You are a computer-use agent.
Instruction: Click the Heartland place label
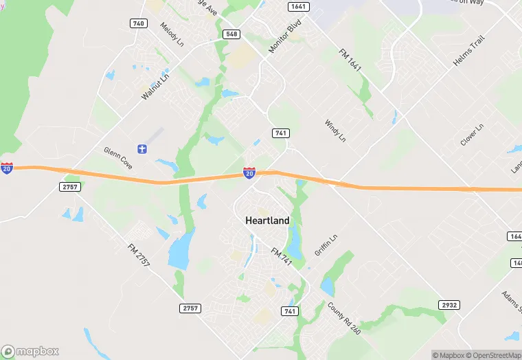pyautogui.click(x=267, y=221)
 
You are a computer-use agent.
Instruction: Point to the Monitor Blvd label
pyautogui.click(x=285, y=38)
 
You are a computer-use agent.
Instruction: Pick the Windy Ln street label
pyautogui.click(x=334, y=131)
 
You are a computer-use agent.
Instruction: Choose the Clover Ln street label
pyautogui.click(x=473, y=135)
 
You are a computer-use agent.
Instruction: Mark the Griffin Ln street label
pyautogui.click(x=326, y=246)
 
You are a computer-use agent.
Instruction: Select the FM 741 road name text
pyautogui.click(x=282, y=258)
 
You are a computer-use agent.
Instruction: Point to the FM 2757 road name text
pyautogui.click(x=138, y=255)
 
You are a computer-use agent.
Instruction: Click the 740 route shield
pyautogui.click(x=138, y=23)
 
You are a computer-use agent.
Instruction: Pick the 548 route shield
pyautogui.click(x=231, y=34)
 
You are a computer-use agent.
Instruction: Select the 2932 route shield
pyautogui.click(x=449, y=304)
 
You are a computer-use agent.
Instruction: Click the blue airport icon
pyautogui.click(x=143, y=149)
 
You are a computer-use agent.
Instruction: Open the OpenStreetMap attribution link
pyautogui.click(x=491, y=355)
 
